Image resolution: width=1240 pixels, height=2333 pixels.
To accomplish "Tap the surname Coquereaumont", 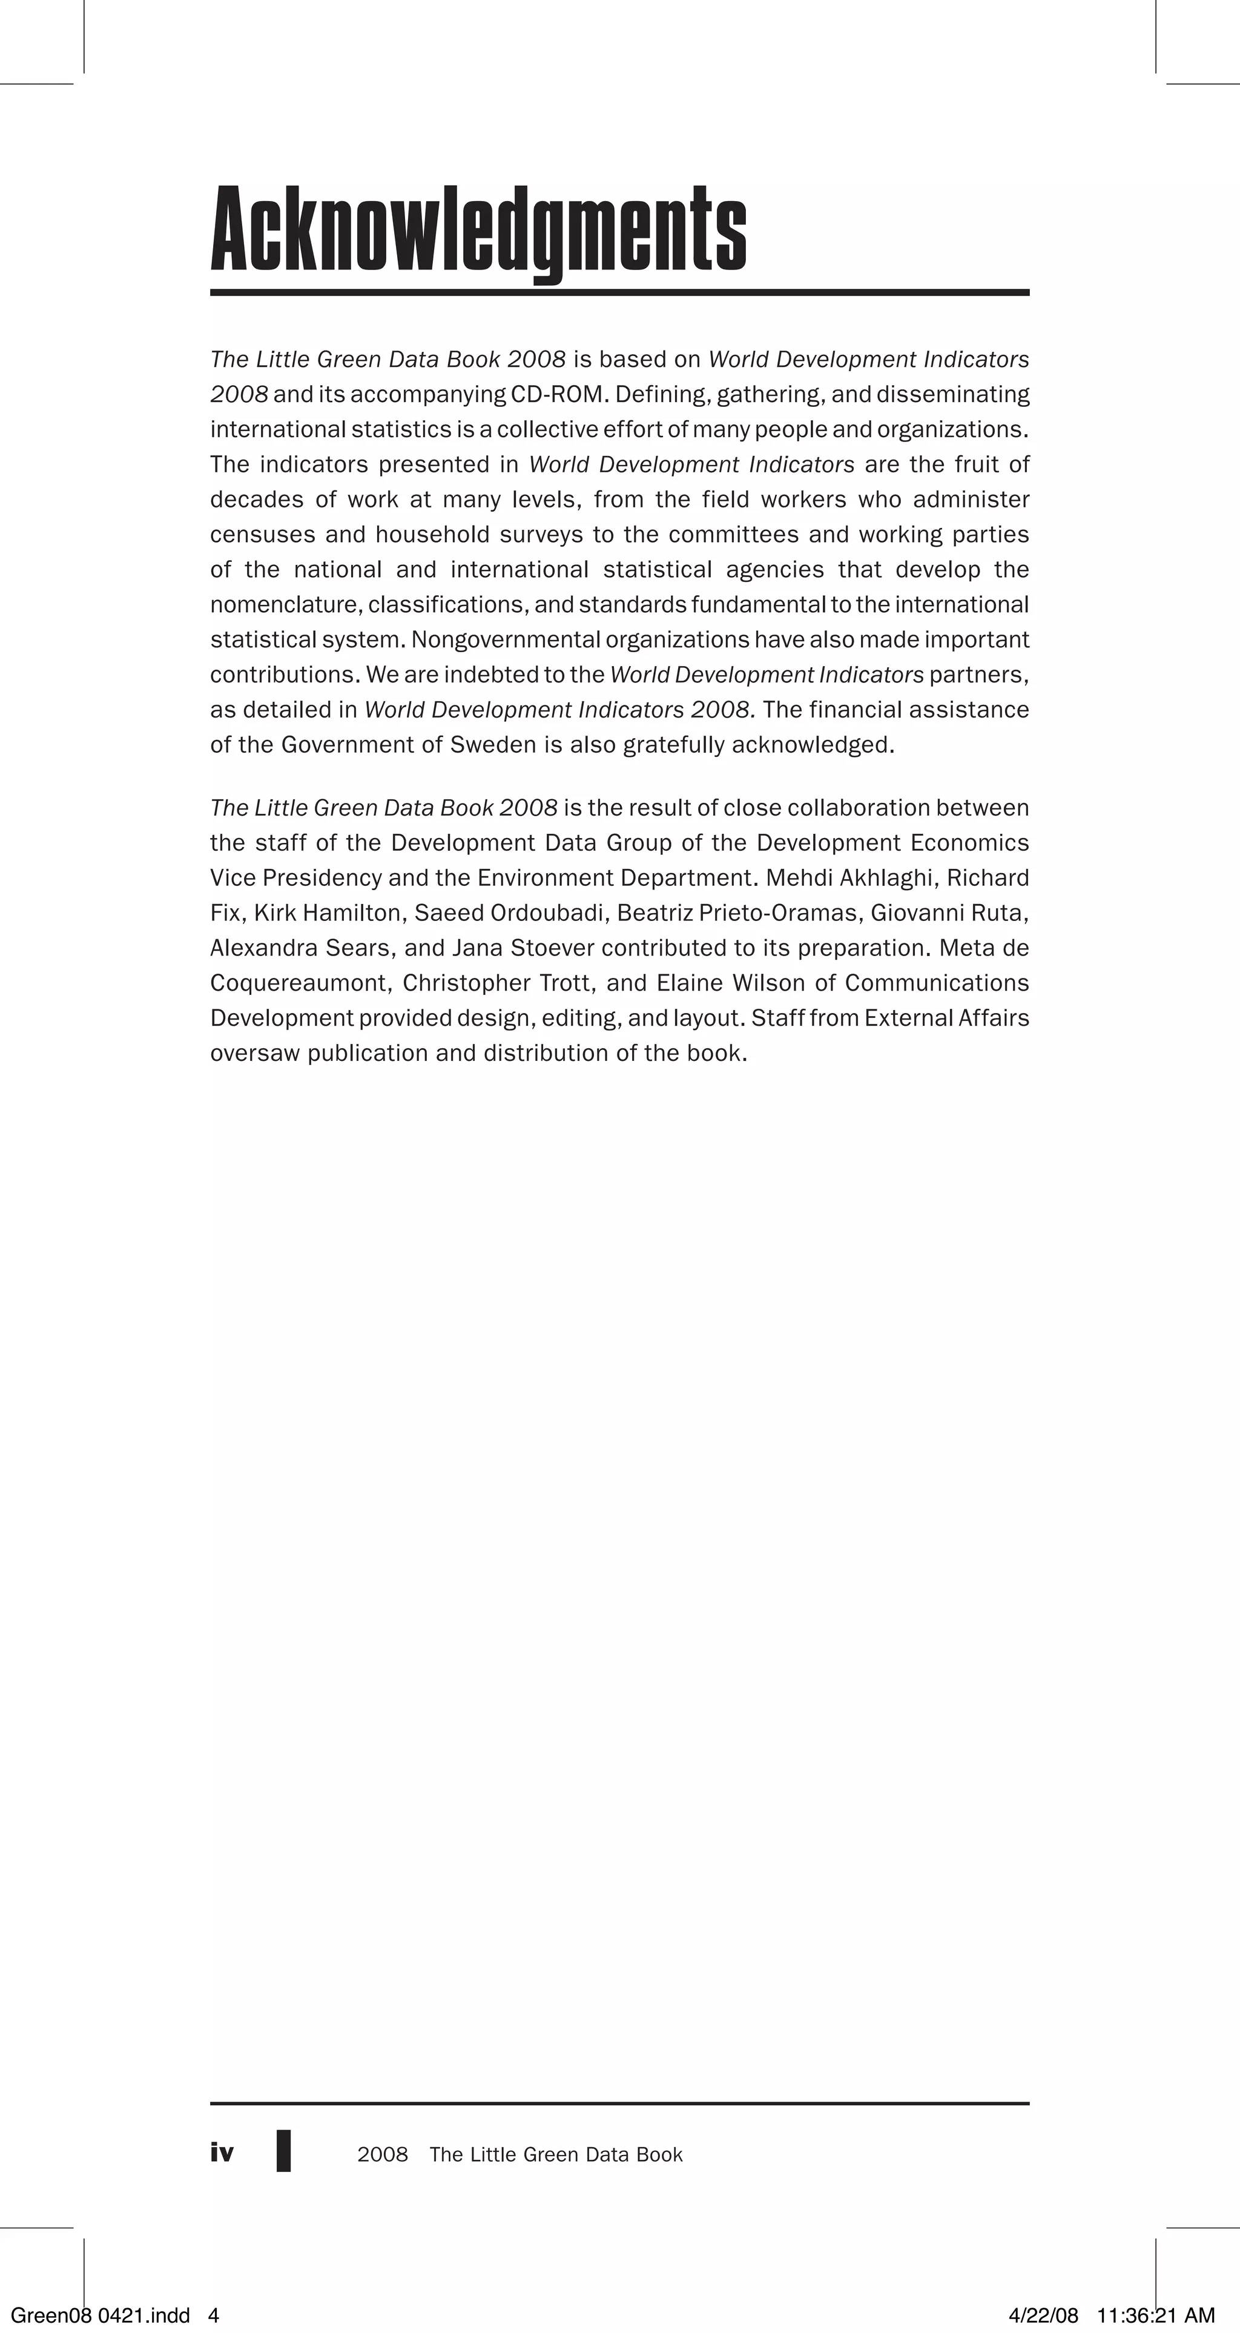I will pyautogui.click(x=300, y=983).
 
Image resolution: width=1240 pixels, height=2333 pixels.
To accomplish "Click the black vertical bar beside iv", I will pyautogui.click(x=283, y=2151).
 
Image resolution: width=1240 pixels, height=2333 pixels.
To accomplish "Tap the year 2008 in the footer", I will pyautogui.click(x=382, y=2154).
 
